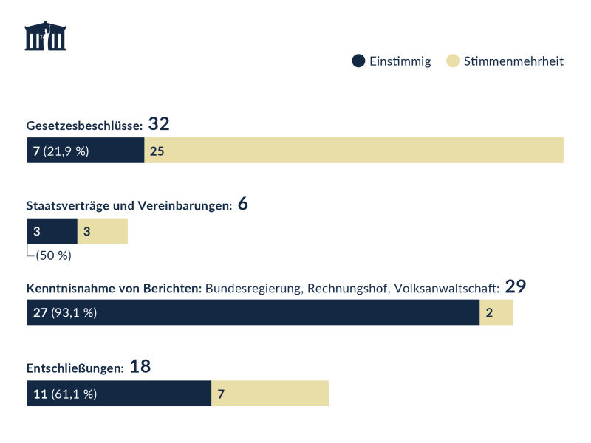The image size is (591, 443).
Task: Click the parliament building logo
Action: tap(45, 36)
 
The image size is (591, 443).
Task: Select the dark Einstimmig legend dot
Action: tap(358, 61)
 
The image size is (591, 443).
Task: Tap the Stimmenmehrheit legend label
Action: tap(513, 61)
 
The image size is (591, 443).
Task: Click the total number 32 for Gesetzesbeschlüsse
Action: tap(160, 124)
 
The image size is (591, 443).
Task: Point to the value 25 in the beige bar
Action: tap(157, 151)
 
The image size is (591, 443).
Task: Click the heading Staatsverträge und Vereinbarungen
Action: tap(129, 206)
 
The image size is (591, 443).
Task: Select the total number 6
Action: tap(243, 205)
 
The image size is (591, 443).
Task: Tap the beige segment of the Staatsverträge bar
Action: tap(103, 232)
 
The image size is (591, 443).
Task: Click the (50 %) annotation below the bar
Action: tap(53, 255)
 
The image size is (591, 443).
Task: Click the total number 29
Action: tap(515, 286)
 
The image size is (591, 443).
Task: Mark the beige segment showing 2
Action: tap(496, 312)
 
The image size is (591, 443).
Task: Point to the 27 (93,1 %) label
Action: tap(65, 312)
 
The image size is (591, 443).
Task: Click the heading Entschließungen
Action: tap(75, 368)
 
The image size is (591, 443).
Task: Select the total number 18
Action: tap(140, 366)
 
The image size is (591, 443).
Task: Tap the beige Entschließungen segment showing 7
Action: tap(270, 394)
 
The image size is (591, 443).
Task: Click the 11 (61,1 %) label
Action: tap(65, 394)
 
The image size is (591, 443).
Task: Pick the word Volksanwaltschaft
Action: tap(447, 287)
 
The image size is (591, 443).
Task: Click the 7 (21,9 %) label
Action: tap(61, 151)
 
